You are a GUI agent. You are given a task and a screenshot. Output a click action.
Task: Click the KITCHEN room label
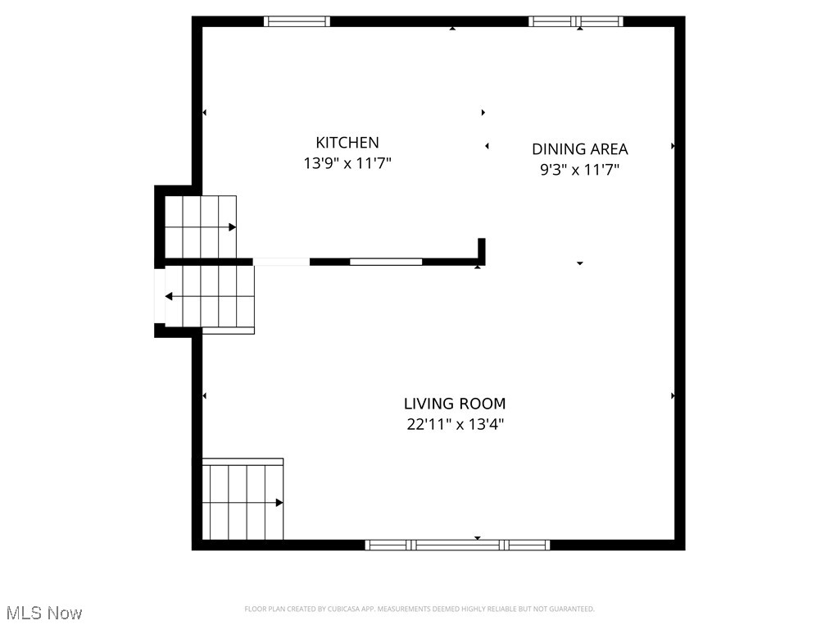[347, 142]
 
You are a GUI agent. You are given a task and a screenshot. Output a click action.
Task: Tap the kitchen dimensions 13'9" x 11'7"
[347, 163]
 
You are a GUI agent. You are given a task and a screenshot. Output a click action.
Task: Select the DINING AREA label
[580, 148]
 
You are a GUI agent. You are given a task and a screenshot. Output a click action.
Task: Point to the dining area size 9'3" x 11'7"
[580, 170]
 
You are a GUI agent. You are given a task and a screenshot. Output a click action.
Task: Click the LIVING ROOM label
[455, 404]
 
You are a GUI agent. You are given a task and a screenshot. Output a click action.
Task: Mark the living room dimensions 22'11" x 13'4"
[455, 425]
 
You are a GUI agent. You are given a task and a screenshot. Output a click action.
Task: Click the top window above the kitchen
[297, 21]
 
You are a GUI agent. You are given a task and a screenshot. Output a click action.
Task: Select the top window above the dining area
[576, 21]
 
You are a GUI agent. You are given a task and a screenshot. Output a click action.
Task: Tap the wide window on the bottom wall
[457, 545]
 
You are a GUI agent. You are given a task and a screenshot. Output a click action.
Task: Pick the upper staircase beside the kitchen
[201, 226]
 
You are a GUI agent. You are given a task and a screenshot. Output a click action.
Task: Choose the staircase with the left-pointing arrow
[210, 298]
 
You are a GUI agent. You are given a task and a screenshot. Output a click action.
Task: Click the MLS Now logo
[44, 613]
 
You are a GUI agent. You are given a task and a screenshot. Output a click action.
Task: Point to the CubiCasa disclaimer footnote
[419, 609]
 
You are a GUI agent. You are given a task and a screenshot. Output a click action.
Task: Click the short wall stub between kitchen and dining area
[482, 250]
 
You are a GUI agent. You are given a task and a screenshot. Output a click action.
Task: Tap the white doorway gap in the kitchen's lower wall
[281, 262]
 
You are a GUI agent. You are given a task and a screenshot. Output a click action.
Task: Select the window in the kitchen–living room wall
[386, 262]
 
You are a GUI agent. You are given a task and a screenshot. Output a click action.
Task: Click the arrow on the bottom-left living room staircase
[279, 502]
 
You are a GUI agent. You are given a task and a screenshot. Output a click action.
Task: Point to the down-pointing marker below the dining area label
[580, 263]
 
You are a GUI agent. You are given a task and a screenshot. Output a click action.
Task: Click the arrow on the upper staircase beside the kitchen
[233, 227]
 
